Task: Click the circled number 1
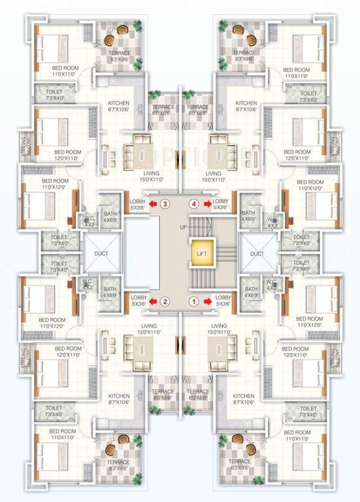(x=193, y=302)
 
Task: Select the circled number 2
(x=166, y=302)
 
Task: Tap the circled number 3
(x=166, y=204)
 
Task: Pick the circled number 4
(x=193, y=204)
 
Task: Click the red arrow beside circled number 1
(x=207, y=302)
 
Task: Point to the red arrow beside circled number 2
(x=152, y=302)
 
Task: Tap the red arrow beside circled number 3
(x=152, y=204)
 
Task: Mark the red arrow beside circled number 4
(x=207, y=204)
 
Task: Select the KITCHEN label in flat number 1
(x=244, y=396)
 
